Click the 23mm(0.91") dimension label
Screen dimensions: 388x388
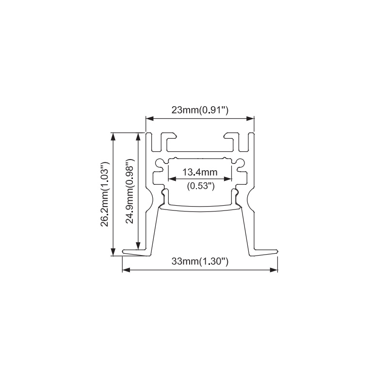pyautogui.click(x=200, y=110)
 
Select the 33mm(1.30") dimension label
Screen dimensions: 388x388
pyautogui.click(x=200, y=261)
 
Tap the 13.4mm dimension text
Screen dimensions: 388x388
pyautogui.click(x=200, y=172)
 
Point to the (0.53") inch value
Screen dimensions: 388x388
pyautogui.click(x=200, y=185)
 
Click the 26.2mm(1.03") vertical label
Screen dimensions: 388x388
pyautogui.click(x=105, y=194)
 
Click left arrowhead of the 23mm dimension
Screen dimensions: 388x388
pyautogui.click(x=149, y=119)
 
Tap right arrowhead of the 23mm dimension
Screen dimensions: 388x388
pyautogui.click(x=250, y=119)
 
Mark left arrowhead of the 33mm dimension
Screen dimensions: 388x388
pyautogui.click(x=126, y=270)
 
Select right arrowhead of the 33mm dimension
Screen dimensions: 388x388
pyautogui.click(x=274, y=270)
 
